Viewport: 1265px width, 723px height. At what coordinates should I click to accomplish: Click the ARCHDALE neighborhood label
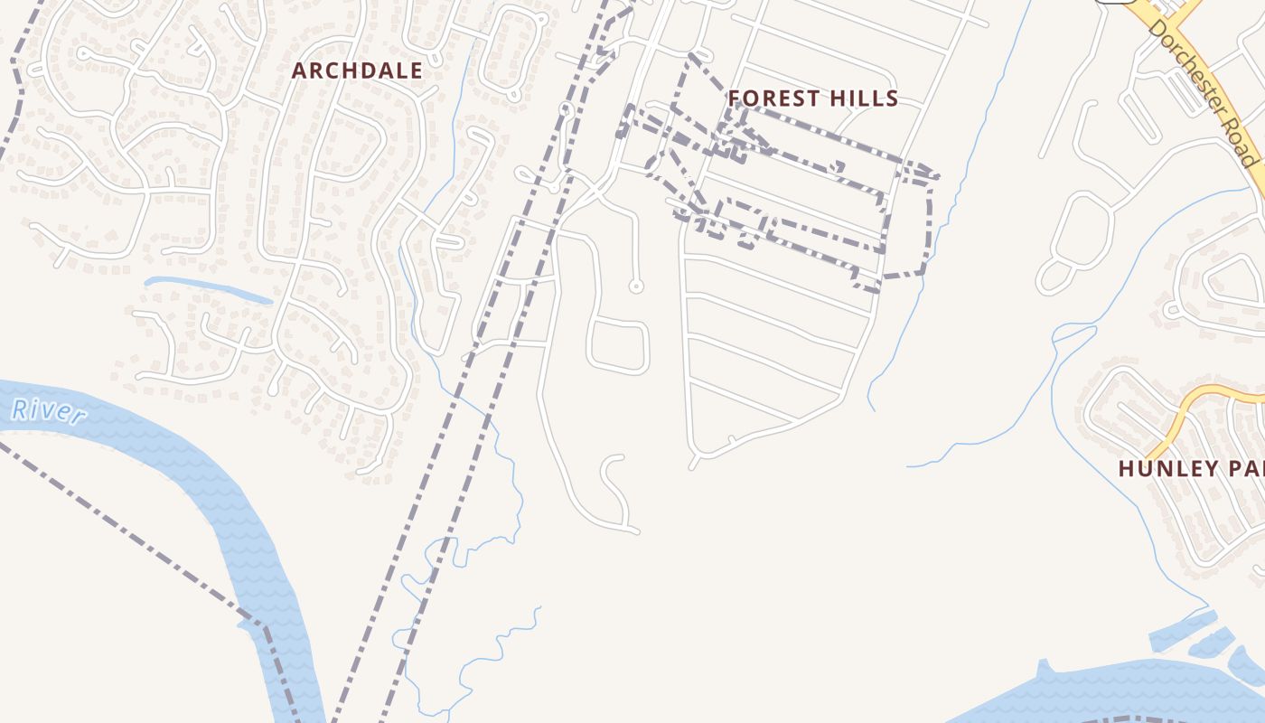[x=357, y=70]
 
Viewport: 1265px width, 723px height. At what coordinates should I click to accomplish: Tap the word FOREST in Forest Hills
[x=771, y=99]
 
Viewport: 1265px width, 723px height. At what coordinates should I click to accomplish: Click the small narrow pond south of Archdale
[x=208, y=288]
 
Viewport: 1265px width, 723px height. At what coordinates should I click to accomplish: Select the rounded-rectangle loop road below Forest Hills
[x=618, y=346]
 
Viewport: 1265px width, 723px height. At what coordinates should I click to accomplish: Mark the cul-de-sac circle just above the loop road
[x=636, y=286]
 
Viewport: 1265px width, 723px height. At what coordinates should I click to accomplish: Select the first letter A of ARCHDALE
[x=299, y=70]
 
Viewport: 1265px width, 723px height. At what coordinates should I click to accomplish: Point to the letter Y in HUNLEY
[x=1212, y=469]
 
